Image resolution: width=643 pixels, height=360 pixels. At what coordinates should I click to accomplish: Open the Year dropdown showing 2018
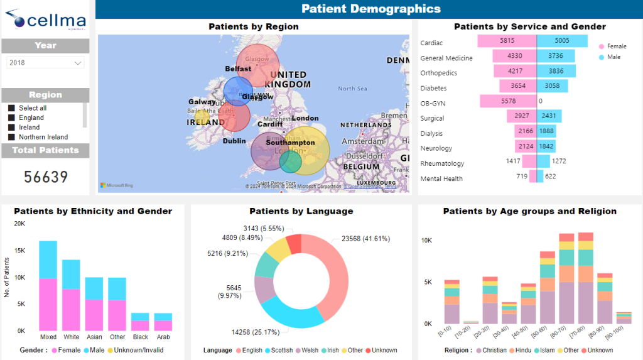pyautogui.click(x=45, y=63)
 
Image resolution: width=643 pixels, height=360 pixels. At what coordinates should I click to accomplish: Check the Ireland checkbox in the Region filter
pyautogui.click(x=11, y=128)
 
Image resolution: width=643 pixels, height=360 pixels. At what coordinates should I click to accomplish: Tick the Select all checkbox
pyautogui.click(x=11, y=108)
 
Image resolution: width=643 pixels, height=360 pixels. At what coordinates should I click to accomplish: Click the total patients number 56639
pyautogui.click(x=46, y=177)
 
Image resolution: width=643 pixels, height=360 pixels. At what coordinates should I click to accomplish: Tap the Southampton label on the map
pyautogui.click(x=289, y=143)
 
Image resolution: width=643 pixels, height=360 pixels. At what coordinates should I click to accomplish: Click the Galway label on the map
pyautogui.click(x=202, y=102)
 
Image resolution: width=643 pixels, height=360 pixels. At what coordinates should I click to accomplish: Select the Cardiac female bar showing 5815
pyautogui.click(x=507, y=41)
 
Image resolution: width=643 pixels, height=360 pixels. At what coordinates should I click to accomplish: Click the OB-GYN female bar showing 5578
pyautogui.click(x=508, y=101)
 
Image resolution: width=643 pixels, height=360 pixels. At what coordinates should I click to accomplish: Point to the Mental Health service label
pyautogui.click(x=441, y=179)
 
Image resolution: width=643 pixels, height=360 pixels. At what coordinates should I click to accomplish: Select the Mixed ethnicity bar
pyautogui.click(x=48, y=286)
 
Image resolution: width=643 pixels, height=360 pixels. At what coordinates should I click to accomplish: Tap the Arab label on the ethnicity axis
pyautogui.click(x=163, y=337)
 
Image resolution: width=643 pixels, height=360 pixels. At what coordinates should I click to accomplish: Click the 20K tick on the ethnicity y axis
pyautogui.click(x=19, y=224)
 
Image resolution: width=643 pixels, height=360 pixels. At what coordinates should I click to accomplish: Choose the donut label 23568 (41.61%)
pyautogui.click(x=365, y=239)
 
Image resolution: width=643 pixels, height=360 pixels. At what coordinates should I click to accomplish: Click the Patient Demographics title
pyautogui.click(x=370, y=9)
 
